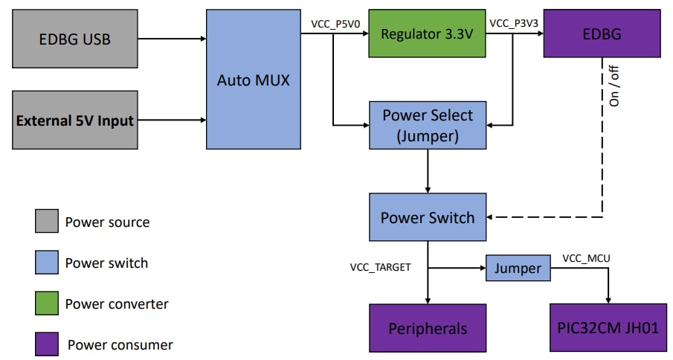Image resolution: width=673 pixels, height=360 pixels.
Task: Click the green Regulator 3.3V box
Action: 426,34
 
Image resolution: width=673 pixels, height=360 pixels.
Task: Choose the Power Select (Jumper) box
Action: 428,125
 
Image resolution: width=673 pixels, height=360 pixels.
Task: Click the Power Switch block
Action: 428,218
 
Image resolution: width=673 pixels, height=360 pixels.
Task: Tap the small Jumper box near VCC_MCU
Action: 518,268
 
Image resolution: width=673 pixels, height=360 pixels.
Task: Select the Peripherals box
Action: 428,328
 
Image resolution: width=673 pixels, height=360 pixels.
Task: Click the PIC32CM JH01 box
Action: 608,328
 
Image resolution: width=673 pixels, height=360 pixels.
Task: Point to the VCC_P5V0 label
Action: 335,23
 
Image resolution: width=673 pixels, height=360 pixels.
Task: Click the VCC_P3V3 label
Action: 514,23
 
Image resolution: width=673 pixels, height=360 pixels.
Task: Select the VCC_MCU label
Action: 586,258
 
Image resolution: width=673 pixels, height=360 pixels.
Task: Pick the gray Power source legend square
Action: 46,222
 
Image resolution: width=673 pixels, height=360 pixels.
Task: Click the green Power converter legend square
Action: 46,303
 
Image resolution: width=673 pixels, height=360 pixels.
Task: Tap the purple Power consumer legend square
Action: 46,344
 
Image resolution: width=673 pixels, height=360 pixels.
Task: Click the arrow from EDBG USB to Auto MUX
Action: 171,39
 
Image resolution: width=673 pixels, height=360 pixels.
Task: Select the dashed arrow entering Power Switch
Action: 550,218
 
